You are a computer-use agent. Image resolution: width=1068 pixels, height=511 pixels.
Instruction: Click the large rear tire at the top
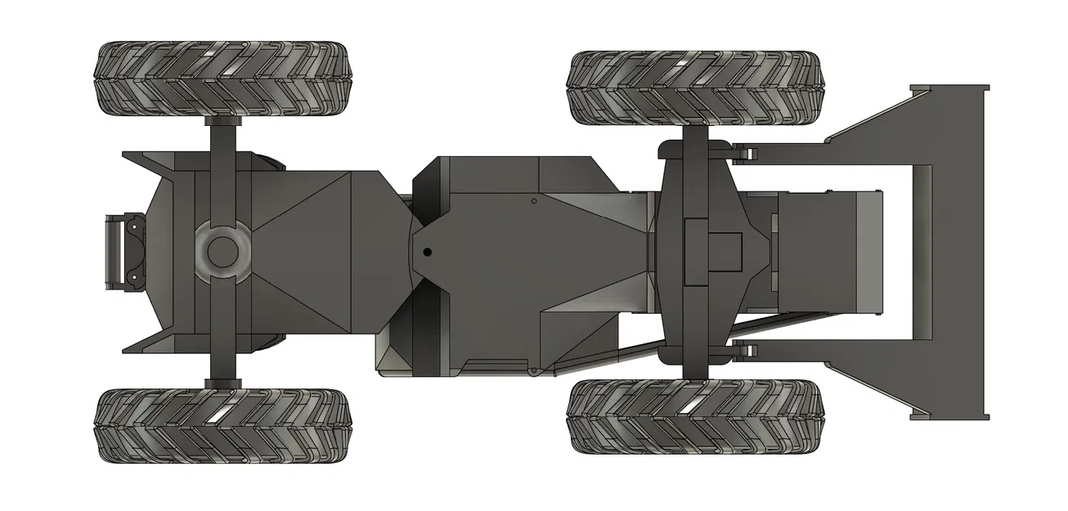coord(222,78)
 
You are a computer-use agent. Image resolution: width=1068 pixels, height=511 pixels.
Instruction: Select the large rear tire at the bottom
coord(222,425)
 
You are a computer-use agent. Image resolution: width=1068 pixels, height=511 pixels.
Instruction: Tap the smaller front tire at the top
coord(693,87)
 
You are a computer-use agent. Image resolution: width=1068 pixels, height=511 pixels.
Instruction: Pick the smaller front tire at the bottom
coord(693,416)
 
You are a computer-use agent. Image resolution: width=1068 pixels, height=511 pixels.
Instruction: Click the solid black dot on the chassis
coord(427,252)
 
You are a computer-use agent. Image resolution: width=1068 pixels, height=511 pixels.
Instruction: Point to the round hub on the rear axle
coord(222,252)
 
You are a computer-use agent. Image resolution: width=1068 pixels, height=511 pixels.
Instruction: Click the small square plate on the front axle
coord(724,251)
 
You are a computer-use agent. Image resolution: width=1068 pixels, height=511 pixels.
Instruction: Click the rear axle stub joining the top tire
coord(222,131)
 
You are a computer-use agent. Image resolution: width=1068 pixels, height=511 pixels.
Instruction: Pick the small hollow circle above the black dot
coord(533,200)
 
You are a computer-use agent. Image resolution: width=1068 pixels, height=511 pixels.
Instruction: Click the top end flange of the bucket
coord(949,87)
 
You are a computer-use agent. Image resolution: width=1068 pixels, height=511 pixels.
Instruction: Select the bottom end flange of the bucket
coord(949,416)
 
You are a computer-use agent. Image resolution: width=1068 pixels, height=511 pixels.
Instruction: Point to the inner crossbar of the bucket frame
coord(922,252)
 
